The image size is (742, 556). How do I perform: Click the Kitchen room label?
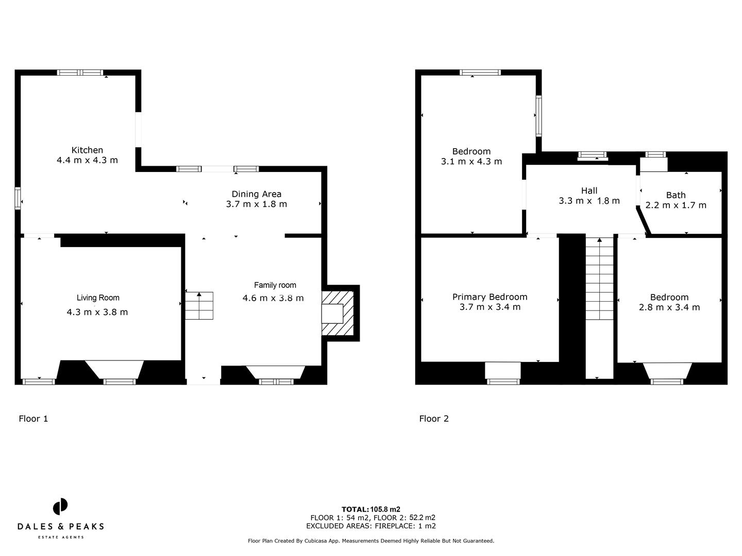pyautogui.click(x=87, y=150)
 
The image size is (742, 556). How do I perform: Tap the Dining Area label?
pyautogui.click(x=256, y=194)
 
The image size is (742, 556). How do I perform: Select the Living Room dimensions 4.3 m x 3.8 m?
pyautogui.click(x=97, y=312)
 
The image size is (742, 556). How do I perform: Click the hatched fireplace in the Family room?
pyautogui.click(x=338, y=313)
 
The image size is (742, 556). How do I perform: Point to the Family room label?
pyautogui.click(x=275, y=285)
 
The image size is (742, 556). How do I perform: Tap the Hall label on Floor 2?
pyautogui.click(x=589, y=190)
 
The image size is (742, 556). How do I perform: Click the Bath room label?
pyautogui.click(x=676, y=195)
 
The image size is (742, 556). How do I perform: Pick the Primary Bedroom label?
pyautogui.click(x=490, y=297)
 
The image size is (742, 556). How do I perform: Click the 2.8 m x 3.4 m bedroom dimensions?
pyautogui.click(x=669, y=307)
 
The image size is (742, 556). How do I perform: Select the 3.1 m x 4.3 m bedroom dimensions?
pyautogui.click(x=471, y=161)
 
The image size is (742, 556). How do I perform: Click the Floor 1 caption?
pyautogui.click(x=33, y=419)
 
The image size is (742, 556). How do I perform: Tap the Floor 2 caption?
pyautogui.click(x=434, y=419)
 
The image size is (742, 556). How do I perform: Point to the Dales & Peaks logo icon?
pyautogui.click(x=60, y=506)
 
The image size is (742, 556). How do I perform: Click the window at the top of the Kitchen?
pyautogui.click(x=80, y=73)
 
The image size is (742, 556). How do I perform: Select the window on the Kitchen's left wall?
pyautogui.click(x=18, y=198)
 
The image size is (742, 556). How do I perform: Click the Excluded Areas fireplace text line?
pyautogui.click(x=370, y=526)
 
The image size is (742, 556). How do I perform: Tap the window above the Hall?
pyautogui.click(x=592, y=154)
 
